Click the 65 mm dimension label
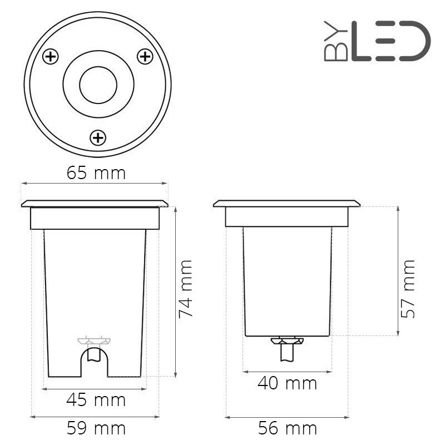point(96,173)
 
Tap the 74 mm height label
point(185,289)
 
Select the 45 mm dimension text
point(96,399)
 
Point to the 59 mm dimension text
point(96,428)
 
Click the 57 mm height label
point(409,289)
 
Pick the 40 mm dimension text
point(287,383)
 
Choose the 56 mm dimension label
point(287,428)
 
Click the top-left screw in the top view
point(51,56)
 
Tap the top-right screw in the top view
point(145,56)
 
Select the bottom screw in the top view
point(98,137)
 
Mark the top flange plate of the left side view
point(95,204)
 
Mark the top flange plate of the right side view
point(286,204)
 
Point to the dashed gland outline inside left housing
point(94,340)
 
